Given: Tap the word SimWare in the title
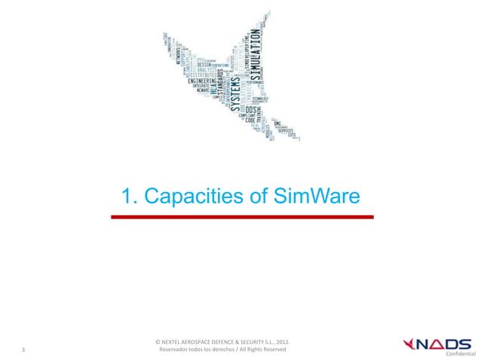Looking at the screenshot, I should point(315,197).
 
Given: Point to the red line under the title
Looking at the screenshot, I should point(242,217).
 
